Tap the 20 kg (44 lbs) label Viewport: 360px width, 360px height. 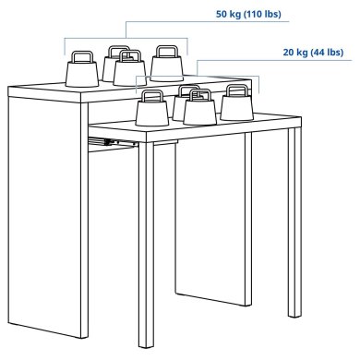pyautogui.click(x=314, y=52)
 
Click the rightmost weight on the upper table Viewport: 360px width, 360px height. pyautogui.click(x=168, y=66)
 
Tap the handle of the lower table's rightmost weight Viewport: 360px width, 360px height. pyautogui.click(x=234, y=90)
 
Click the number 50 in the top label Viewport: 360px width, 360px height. pyautogui.click(x=222, y=15)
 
